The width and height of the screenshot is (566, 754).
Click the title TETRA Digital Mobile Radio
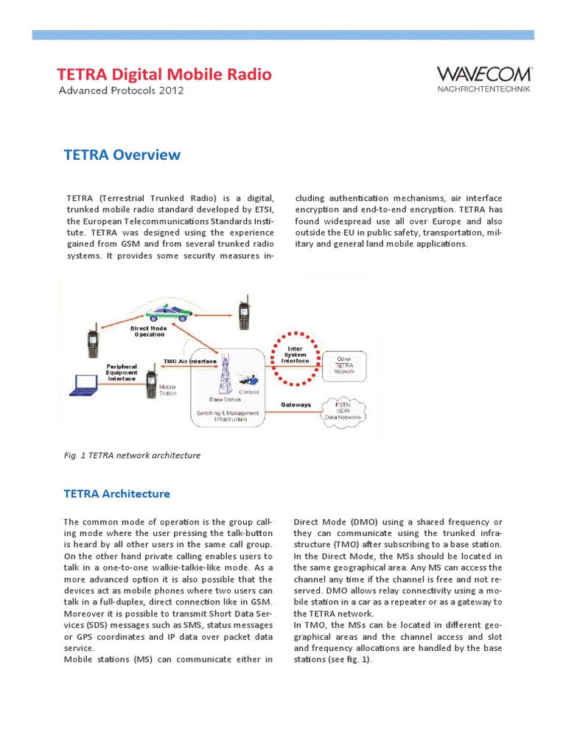pos(164,74)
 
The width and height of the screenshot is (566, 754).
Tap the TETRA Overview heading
pos(123,155)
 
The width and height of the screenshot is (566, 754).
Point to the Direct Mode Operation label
pos(148,331)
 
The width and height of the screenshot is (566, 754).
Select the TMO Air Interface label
pos(189,362)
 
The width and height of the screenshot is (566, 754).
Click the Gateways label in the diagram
pos(296,405)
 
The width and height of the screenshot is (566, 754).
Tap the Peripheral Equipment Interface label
pos(122,372)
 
